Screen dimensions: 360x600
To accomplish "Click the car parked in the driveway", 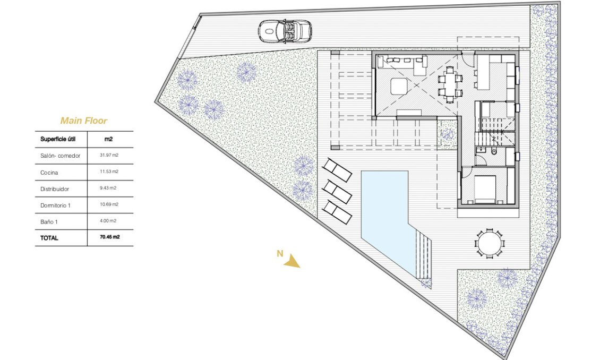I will pos(285,31).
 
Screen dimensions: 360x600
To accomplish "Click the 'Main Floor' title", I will pos(83,121).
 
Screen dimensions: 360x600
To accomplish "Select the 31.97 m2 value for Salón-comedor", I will pos(109,156).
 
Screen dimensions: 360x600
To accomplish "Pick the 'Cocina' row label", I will pos(49,173).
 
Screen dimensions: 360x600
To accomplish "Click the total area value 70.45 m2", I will pos(109,237).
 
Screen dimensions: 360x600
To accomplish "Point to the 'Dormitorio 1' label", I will pos(55,204).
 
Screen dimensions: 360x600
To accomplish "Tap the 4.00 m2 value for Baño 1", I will pos(108,220).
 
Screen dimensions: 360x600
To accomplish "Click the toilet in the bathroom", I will pos(493,152).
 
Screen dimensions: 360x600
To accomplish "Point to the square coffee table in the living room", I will pos(398,85).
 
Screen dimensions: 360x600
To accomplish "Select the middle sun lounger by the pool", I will pos(337,190).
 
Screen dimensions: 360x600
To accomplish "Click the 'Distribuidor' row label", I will pos(55,188).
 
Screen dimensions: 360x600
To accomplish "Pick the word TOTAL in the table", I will pos(49,238).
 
